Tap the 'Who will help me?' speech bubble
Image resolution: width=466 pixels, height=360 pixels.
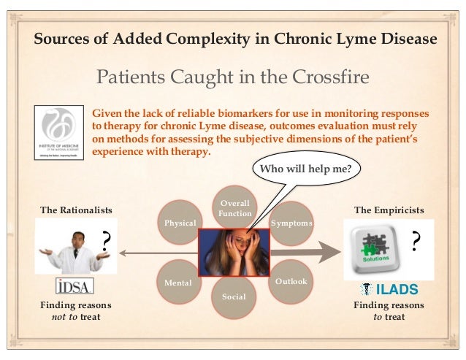click(x=305, y=170)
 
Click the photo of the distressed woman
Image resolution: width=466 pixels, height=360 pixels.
click(x=234, y=252)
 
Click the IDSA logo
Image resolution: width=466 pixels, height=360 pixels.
click(x=74, y=286)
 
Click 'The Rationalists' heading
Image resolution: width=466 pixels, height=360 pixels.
click(x=76, y=210)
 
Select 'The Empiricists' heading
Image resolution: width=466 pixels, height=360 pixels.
click(x=388, y=210)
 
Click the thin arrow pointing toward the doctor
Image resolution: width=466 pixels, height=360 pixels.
click(x=157, y=253)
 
